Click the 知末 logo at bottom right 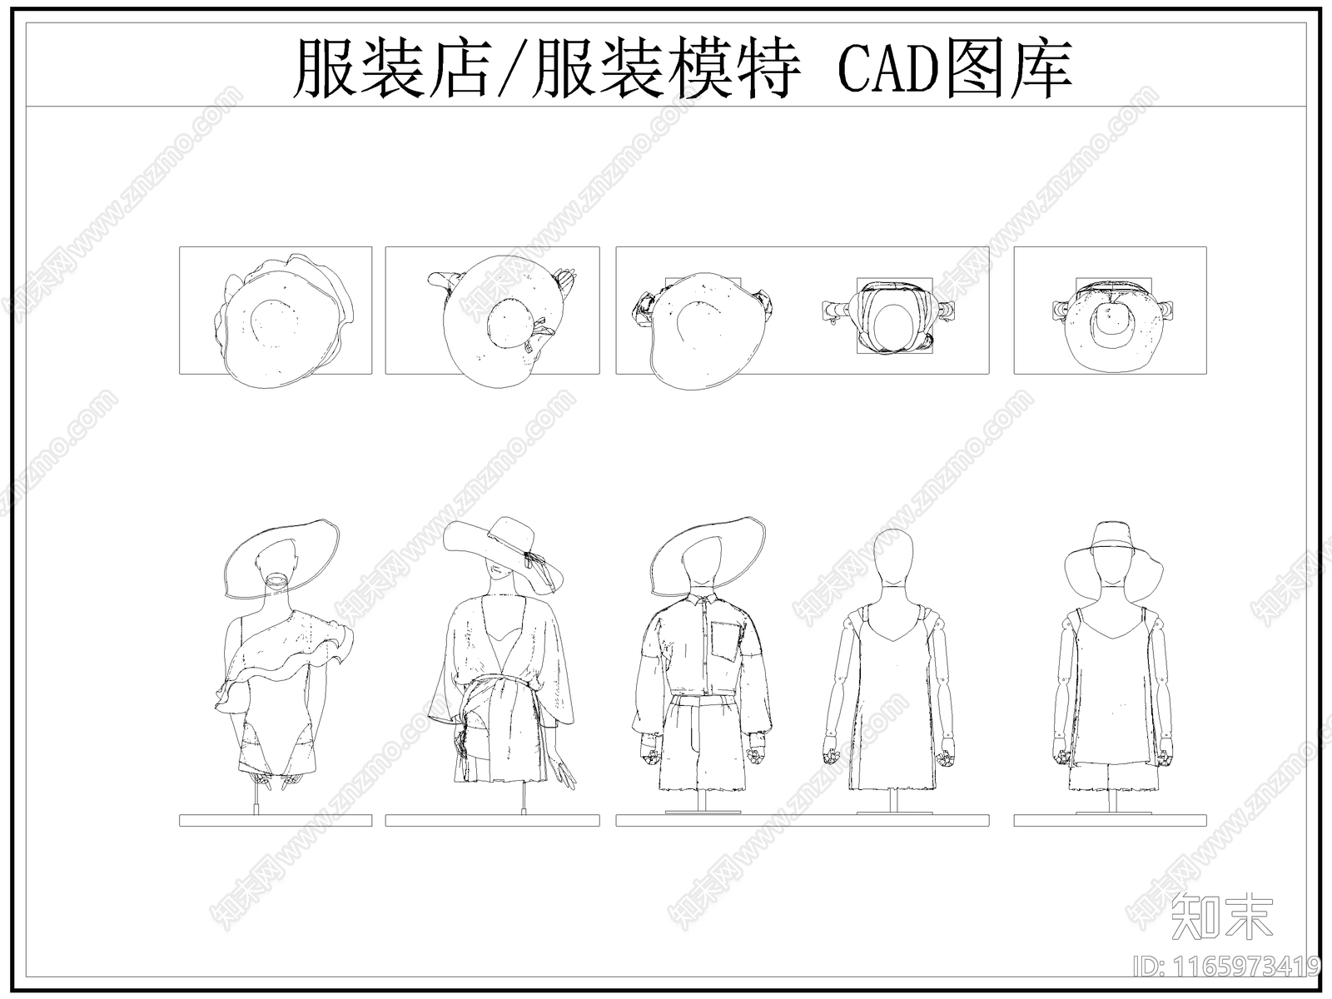(1221, 918)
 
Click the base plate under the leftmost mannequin (275, 821)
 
